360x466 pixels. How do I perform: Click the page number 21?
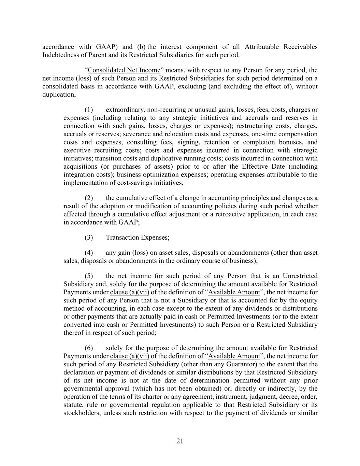[180, 441]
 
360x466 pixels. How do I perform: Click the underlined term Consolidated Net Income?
[124, 70]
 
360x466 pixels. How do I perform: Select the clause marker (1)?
[89, 110]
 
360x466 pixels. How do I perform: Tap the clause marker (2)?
[89, 198]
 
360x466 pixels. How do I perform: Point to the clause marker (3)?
[89, 238]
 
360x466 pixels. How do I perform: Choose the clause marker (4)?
[89, 253]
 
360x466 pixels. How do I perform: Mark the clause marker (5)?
[89, 276]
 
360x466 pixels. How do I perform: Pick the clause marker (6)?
[89, 348]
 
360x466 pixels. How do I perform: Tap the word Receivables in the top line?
[300, 47]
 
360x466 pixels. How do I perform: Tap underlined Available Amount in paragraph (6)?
[234, 356]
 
